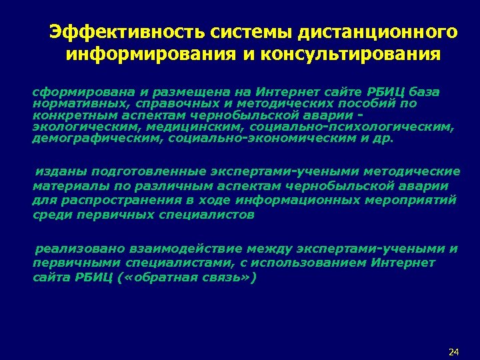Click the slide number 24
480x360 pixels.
[455, 351]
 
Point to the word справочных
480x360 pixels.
[163, 103]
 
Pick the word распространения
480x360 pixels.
[113, 201]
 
